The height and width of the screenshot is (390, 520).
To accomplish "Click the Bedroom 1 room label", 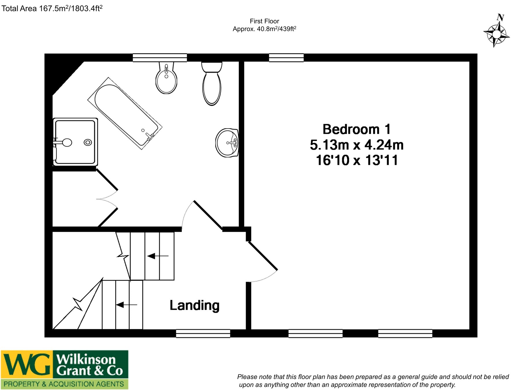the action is coord(356,129).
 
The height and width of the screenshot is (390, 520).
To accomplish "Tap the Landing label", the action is coord(194,305).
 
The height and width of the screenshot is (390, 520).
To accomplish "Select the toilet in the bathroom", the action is coord(212,83).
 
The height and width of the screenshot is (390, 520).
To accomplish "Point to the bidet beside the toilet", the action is coord(166,78).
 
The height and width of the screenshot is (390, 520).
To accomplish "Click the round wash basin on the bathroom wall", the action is coord(227,143).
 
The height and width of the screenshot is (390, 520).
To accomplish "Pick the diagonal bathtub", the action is coord(125,113).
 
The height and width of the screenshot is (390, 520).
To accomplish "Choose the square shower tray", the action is coord(75,142).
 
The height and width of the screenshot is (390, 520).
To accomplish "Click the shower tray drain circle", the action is coord(88,142).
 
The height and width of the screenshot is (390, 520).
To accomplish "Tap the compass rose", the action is coord(496,34).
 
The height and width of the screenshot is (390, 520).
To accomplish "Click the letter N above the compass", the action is coord(500,17).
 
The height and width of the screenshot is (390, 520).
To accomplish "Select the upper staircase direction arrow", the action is coord(158,256).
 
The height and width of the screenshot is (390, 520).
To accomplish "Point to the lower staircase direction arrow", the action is coord(127,304).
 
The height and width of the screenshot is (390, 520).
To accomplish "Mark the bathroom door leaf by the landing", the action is coord(208,215).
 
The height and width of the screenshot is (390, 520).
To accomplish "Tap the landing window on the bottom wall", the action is coord(203,333).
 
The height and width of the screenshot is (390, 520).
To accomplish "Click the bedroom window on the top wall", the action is coord(286,57).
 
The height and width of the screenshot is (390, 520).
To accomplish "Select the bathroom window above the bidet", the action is coord(160,57).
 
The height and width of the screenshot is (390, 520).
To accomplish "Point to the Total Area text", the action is coord(52,8).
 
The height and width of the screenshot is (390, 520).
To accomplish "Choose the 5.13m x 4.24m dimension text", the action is coord(356,145).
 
